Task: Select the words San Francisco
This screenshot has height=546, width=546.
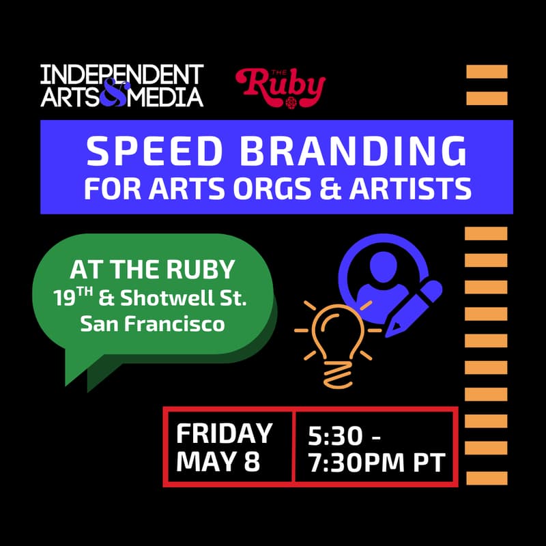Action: (x=152, y=324)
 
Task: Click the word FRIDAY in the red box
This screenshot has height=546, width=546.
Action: (x=224, y=433)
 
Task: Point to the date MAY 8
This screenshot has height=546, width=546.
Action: (x=218, y=461)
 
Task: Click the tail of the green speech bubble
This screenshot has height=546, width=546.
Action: (x=78, y=369)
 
